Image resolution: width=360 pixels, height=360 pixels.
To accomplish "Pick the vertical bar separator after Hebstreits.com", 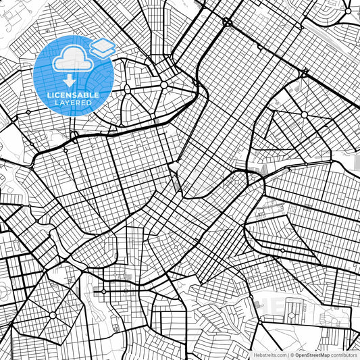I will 288,354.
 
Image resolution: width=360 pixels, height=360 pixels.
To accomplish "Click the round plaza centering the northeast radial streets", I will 305,115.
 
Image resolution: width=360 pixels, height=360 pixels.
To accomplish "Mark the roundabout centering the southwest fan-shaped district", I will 52,315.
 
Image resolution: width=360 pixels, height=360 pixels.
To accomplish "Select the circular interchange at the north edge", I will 227,22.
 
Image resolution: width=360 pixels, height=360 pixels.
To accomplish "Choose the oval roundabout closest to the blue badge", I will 163,85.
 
